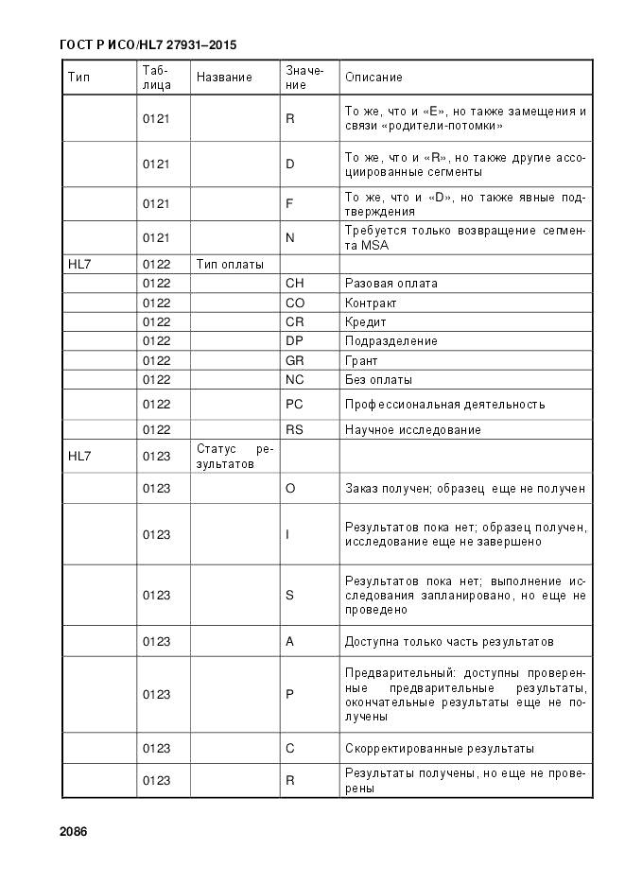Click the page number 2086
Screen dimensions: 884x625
coord(73,832)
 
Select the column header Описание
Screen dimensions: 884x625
coord(373,77)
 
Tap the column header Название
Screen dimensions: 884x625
coord(224,77)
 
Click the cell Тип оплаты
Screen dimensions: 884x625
coord(230,264)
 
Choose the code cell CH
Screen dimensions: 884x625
coord(295,284)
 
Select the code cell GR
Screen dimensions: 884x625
coord(295,360)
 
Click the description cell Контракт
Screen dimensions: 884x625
coord(371,303)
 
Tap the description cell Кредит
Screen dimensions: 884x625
coord(366,322)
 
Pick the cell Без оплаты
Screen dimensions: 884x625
coord(378,380)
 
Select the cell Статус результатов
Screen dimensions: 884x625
coord(234,457)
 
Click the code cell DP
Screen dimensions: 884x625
coord(295,341)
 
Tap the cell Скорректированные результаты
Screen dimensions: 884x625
coord(439,749)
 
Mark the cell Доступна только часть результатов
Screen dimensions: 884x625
coord(449,642)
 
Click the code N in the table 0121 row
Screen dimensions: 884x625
coord(290,237)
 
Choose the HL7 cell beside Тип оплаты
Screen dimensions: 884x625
coord(79,264)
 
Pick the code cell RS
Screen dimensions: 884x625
coord(295,430)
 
